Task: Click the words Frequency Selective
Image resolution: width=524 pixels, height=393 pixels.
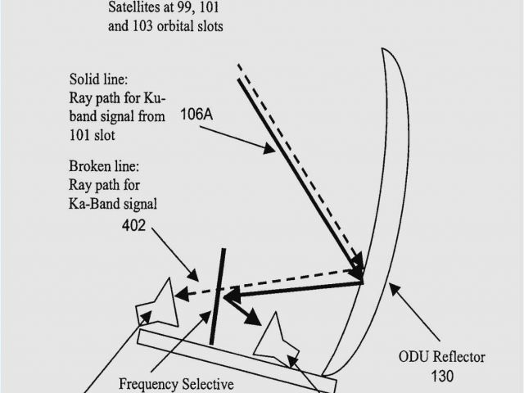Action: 176,383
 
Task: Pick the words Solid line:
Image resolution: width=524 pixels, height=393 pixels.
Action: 98,80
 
